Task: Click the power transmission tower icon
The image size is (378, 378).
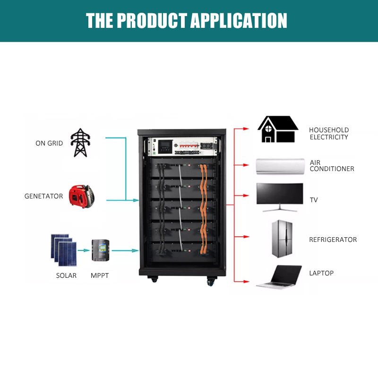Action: (80, 143)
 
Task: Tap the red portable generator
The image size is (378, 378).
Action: (81, 196)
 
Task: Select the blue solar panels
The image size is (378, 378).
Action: (64, 250)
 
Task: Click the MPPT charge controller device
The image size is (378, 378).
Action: (101, 250)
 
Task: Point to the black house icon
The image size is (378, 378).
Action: (278, 129)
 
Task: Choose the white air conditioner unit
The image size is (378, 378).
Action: (280, 166)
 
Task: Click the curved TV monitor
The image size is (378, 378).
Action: (280, 197)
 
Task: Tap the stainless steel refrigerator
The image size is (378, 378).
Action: (282, 239)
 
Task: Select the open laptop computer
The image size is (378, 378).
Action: (279, 276)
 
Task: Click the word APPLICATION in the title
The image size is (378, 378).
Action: (239, 21)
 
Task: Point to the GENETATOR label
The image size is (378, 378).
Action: (43, 196)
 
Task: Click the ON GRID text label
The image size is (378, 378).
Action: (49, 143)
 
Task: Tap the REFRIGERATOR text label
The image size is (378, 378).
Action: (333, 240)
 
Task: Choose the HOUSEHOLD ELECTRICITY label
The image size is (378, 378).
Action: (329, 134)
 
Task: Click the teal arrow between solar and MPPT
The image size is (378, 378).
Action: (84, 250)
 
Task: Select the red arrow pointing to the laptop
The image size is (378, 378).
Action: (242, 281)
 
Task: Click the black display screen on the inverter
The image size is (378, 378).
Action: (165, 147)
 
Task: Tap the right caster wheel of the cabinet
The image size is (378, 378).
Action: (210, 281)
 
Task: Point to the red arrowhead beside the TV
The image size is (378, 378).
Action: (246, 196)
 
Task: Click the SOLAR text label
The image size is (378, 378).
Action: (66, 275)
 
